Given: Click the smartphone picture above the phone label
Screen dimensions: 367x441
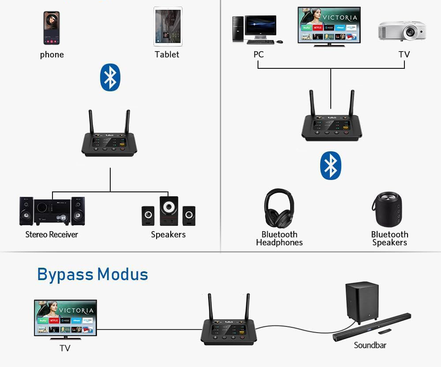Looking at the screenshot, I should [x=52, y=28].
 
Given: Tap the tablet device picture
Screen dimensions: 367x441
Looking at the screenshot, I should [x=168, y=26].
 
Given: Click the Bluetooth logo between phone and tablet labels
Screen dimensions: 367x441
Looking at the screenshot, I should [x=110, y=78].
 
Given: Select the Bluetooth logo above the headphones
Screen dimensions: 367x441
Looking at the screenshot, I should [x=331, y=165].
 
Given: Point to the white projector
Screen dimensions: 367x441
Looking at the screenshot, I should [x=402, y=30].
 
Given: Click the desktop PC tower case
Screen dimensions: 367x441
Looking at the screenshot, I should [x=238, y=29].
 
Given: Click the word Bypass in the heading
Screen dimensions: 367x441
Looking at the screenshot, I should [x=65, y=274].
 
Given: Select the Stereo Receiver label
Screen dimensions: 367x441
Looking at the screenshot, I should [x=52, y=235].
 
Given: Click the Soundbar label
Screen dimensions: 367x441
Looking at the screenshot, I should [x=370, y=345].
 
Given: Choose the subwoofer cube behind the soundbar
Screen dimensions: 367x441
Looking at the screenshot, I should [x=361, y=301].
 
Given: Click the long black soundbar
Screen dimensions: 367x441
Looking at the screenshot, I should [x=372, y=327].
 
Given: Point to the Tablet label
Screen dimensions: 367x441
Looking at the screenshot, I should [x=167, y=54].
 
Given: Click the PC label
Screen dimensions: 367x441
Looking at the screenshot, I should [x=258, y=54].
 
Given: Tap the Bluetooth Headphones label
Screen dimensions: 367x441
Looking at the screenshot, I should [x=279, y=238].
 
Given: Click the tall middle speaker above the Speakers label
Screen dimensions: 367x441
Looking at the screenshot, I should [x=169, y=211].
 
